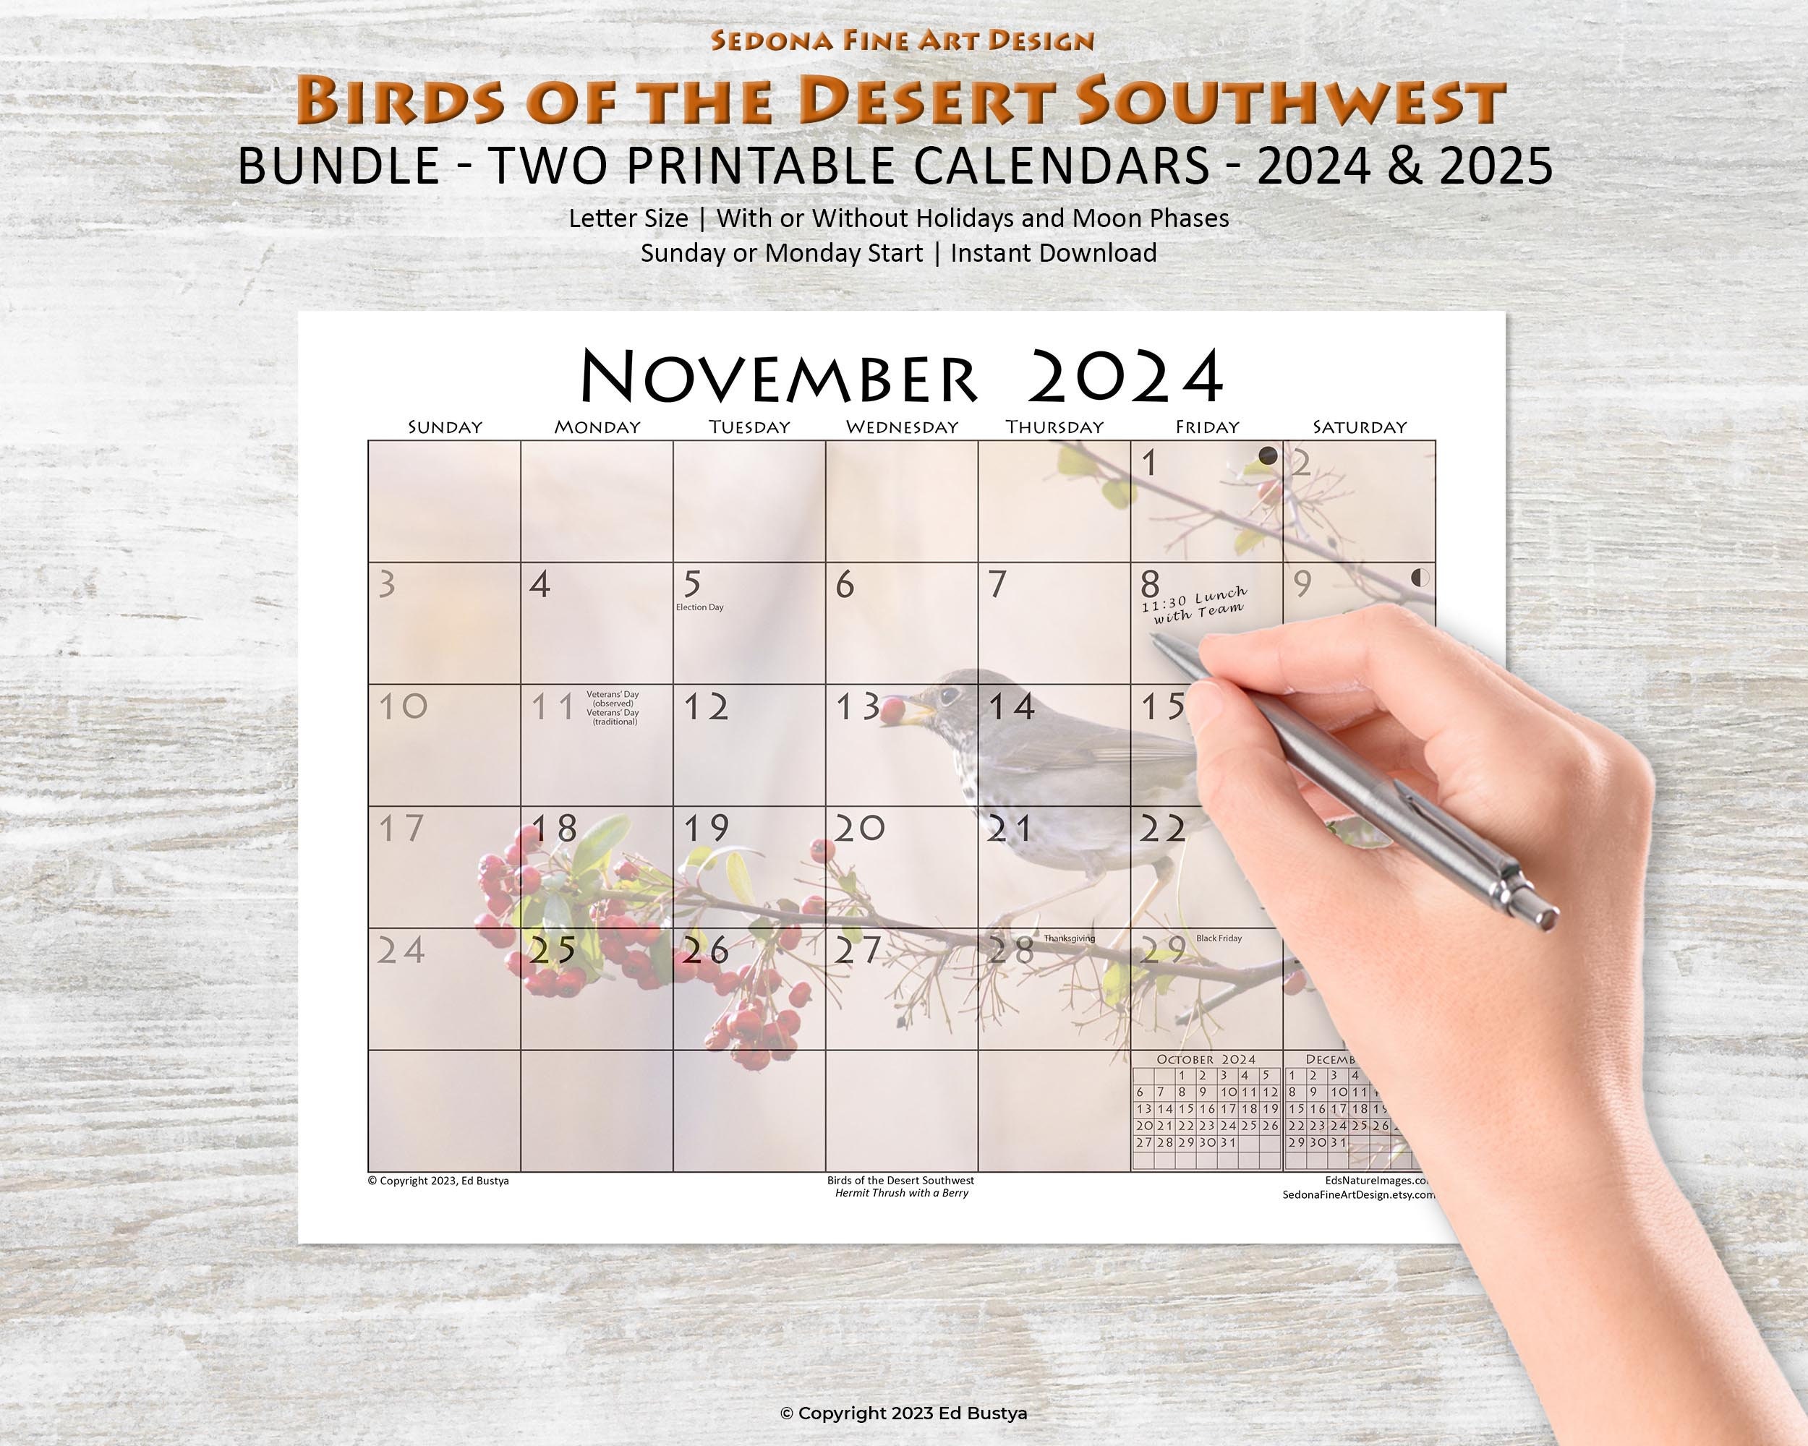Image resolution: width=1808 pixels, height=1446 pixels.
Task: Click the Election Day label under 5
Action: coord(699,607)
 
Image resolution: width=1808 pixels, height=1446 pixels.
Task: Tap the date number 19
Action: coord(706,829)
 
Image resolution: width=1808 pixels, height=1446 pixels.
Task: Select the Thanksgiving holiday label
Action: coord(1069,938)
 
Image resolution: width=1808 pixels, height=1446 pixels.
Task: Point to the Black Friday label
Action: coord(1219,938)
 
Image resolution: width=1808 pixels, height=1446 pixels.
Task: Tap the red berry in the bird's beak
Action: coord(892,711)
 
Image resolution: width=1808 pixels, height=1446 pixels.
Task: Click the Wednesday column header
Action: coord(902,427)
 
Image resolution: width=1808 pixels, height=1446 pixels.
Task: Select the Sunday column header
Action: coord(445,427)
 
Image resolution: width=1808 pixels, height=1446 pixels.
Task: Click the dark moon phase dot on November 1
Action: coord(1267,457)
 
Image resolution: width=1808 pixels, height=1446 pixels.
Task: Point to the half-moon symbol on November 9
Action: coord(1420,577)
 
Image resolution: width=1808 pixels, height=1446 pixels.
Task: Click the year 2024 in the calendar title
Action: coord(1125,377)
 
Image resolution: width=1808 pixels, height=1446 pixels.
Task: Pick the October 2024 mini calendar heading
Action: coord(1206,1060)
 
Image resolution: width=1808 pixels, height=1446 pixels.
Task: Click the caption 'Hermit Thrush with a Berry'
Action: coord(902,1193)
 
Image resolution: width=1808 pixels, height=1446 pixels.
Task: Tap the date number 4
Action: coord(540,584)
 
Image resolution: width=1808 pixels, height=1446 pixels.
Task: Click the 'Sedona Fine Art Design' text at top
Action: coord(903,40)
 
